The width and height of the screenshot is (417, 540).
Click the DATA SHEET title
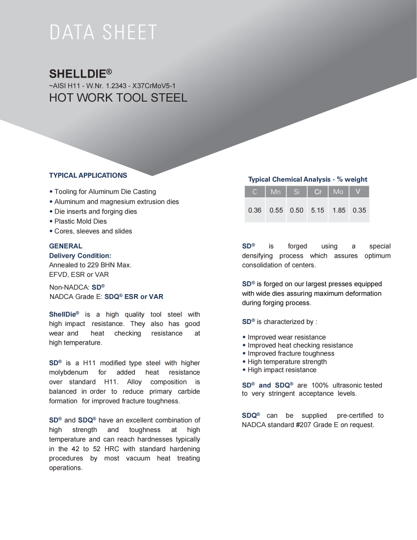[x=103, y=32]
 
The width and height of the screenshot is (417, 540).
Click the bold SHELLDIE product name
[x=78, y=74]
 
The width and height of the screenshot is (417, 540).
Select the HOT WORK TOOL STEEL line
[x=118, y=97]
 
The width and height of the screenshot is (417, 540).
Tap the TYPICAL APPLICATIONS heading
[x=88, y=175]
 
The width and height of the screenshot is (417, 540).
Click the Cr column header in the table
[x=318, y=192]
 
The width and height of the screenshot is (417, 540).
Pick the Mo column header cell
[x=338, y=192]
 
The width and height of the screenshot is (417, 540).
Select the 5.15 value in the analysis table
[x=317, y=210]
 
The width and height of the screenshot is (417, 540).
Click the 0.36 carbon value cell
[x=255, y=210]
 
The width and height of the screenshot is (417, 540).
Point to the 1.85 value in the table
[x=339, y=210]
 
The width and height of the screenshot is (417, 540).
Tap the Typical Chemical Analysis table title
[x=308, y=179]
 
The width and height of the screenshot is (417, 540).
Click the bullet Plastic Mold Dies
[x=80, y=221]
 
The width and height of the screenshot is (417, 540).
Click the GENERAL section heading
[x=66, y=246]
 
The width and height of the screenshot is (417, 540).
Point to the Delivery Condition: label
[x=80, y=255]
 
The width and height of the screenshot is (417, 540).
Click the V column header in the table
[x=358, y=192]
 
